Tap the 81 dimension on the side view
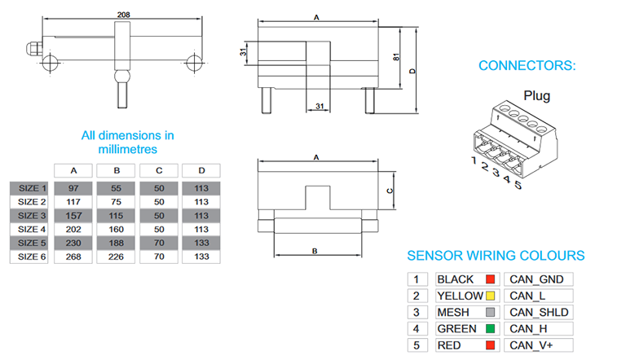tap(395, 58)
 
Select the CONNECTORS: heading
tap(527, 65)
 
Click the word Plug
tap(536, 96)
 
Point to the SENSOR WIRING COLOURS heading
tap(496, 255)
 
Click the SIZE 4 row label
tap(33, 230)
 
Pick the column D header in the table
tap(201, 171)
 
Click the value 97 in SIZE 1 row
tap(74, 188)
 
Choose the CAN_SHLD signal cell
tap(539, 313)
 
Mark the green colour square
tap(491, 329)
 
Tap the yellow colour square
tap(491, 296)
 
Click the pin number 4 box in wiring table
tap(416, 329)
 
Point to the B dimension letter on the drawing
tap(315, 251)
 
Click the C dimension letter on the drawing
tap(390, 190)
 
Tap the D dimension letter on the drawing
tap(413, 72)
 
